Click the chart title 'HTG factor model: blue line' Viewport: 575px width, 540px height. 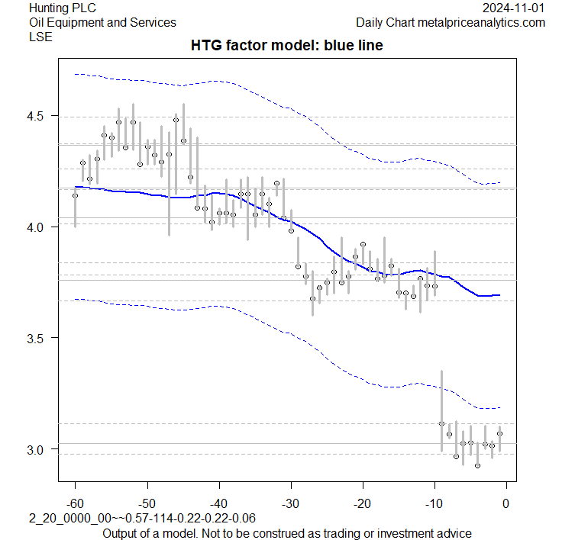286,46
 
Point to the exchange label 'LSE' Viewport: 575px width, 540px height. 40,37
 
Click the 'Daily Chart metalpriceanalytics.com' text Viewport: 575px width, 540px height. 451,23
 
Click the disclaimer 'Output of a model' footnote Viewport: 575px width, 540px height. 286,532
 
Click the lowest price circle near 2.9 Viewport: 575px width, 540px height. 477,465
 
